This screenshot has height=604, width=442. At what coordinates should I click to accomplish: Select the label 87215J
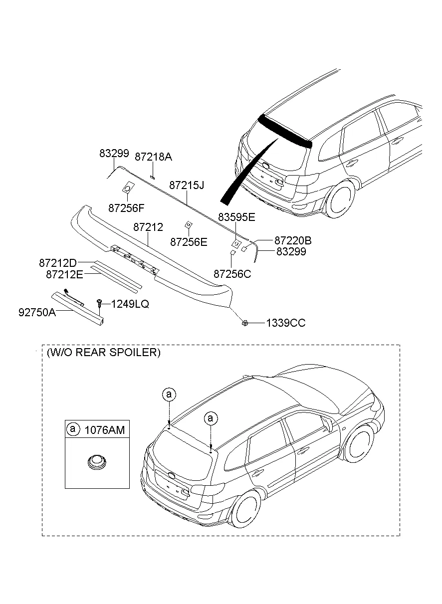pyautogui.click(x=187, y=185)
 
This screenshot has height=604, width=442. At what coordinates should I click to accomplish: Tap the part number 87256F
pyautogui.click(x=126, y=207)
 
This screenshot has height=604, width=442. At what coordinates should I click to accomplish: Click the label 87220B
pyautogui.click(x=293, y=240)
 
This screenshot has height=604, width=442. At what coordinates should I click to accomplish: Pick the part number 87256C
pyautogui.click(x=232, y=274)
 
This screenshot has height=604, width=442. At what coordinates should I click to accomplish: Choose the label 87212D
pyautogui.click(x=58, y=263)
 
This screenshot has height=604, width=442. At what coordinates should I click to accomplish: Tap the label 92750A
pyautogui.click(x=37, y=312)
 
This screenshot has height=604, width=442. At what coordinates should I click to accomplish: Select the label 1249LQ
pyautogui.click(x=130, y=303)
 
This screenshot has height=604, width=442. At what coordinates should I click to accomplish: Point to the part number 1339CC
pyautogui.click(x=285, y=323)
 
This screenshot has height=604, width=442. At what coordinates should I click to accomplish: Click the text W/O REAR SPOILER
pyautogui.click(x=103, y=353)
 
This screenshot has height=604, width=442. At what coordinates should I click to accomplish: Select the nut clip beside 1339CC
pyautogui.click(x=245, y=323)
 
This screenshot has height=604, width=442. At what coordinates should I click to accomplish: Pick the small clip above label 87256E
pyautogui.click(x=188, y=224)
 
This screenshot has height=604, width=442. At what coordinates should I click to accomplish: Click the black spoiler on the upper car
pyautogui.click(x=285, y=130)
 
